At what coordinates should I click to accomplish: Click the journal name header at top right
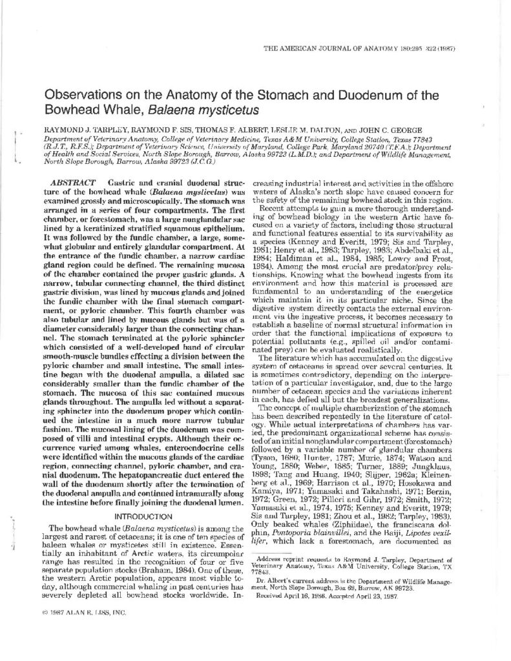[377, 48]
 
